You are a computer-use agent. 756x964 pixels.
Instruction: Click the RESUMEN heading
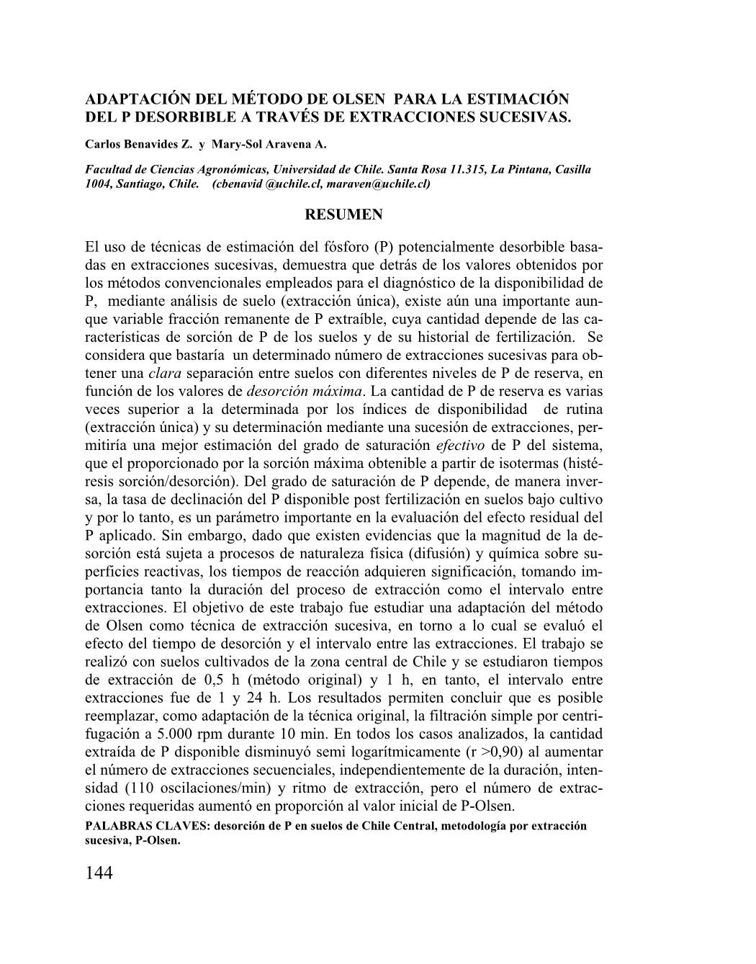344,215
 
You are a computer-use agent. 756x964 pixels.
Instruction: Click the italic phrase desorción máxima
304,392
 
